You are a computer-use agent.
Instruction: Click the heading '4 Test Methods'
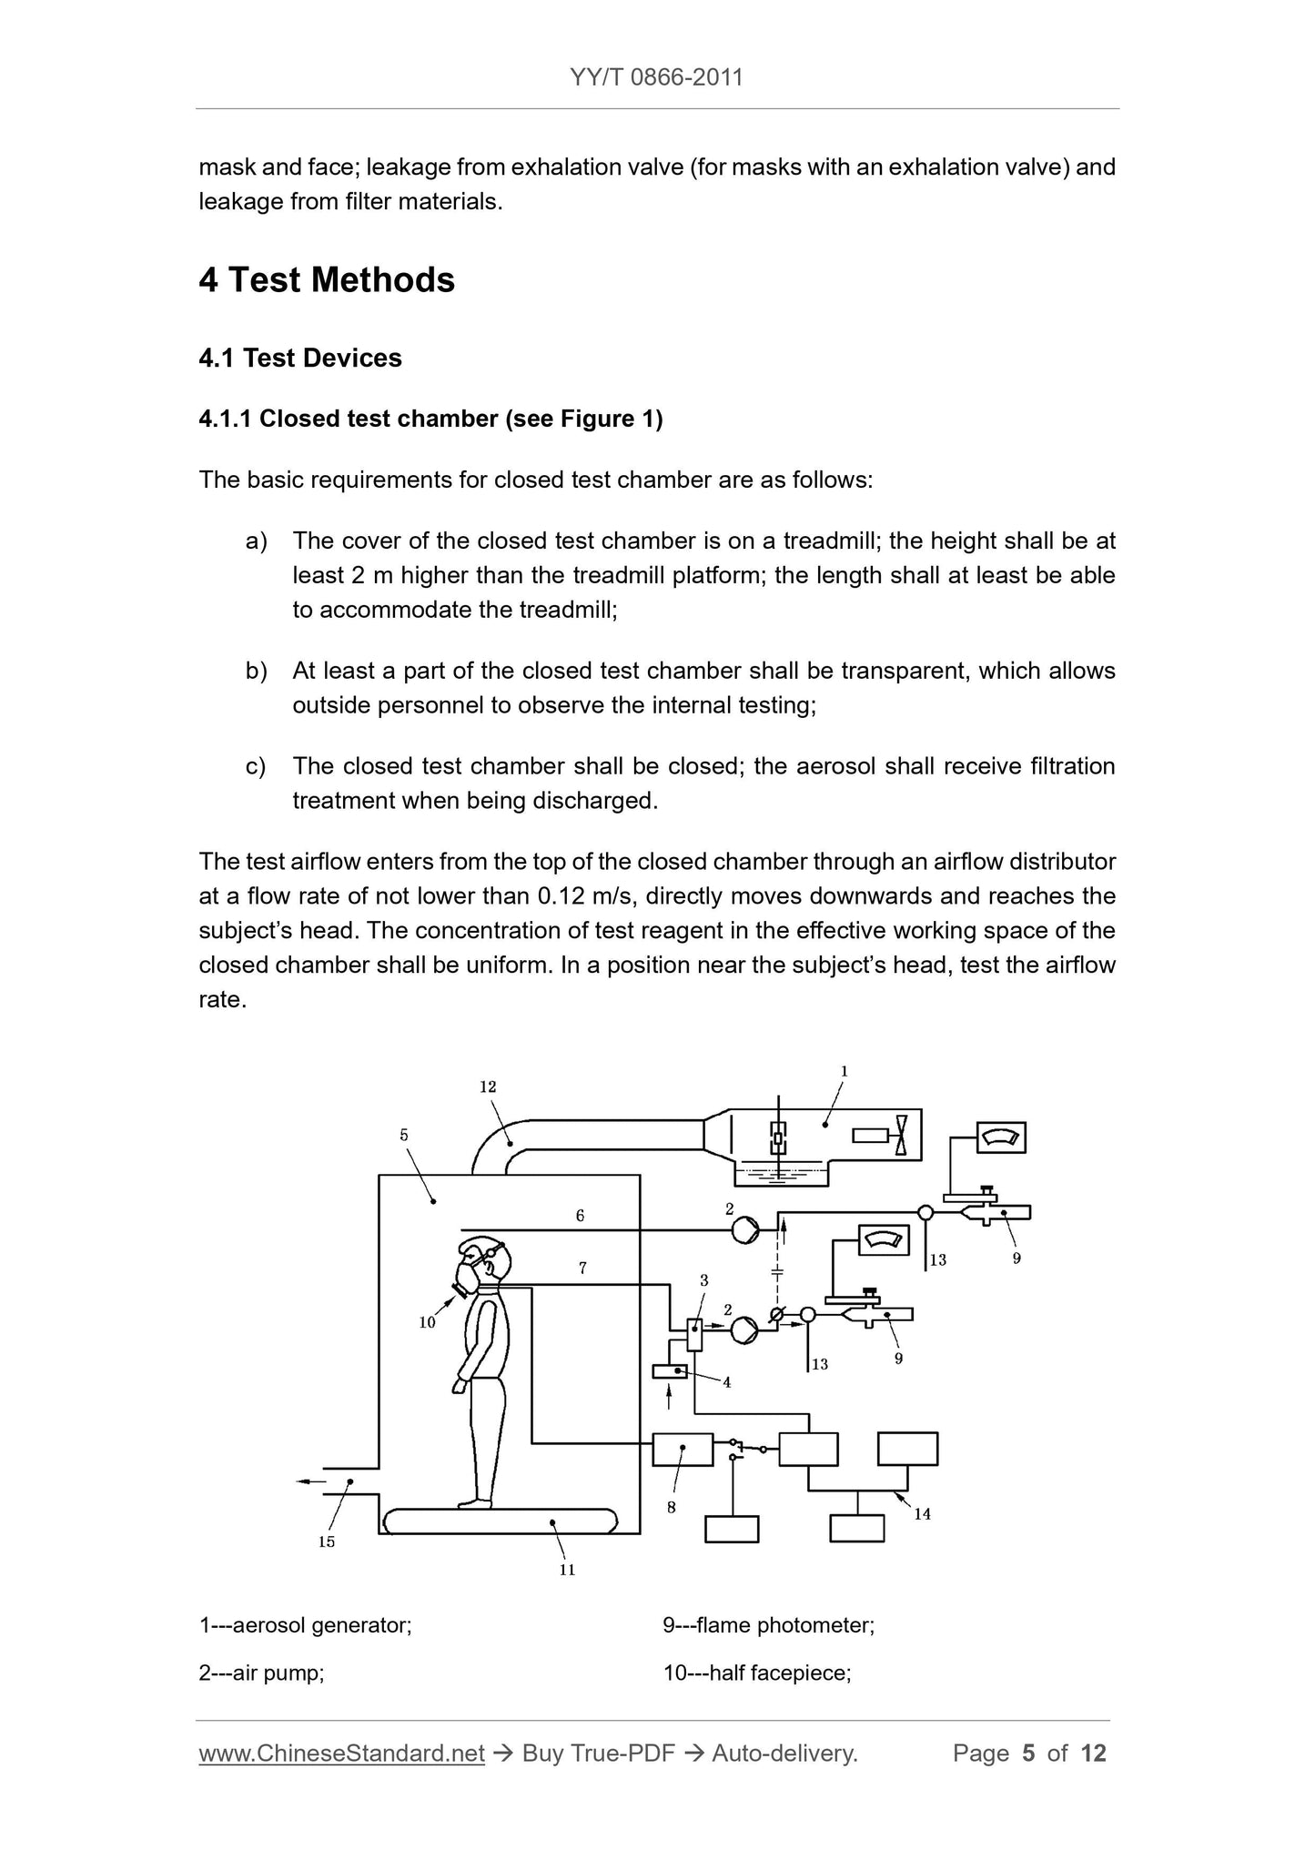pyautogui.click(x=327, y=279)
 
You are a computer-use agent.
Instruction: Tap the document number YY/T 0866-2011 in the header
pyautogui.click(x=657, y=77)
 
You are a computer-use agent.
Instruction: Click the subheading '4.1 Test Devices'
pyautogui.click(x=300, y=358)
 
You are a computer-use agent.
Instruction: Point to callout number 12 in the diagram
pyautogui.click(x=488, y=1087)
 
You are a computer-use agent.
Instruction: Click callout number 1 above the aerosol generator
pyautogui.click(x=845, y=1072)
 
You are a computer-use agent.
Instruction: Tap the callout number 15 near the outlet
pyautogui.click(x=327, y=1542)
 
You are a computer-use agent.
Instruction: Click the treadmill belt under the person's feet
pyautogui.click(x=501, y=1521)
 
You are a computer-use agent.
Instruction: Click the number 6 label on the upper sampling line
pyautogui.click(x=580, y=1216)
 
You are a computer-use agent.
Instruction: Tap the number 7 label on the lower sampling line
pyautogui.click(x=582, y=1267)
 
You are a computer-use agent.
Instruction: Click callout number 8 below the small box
pyautogui.click(x=672, y=1508)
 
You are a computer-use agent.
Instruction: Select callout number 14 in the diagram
pyautogui.click(x=923, y=1514)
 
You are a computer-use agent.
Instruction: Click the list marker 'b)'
pyautogui.click(x=256, y=672)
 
